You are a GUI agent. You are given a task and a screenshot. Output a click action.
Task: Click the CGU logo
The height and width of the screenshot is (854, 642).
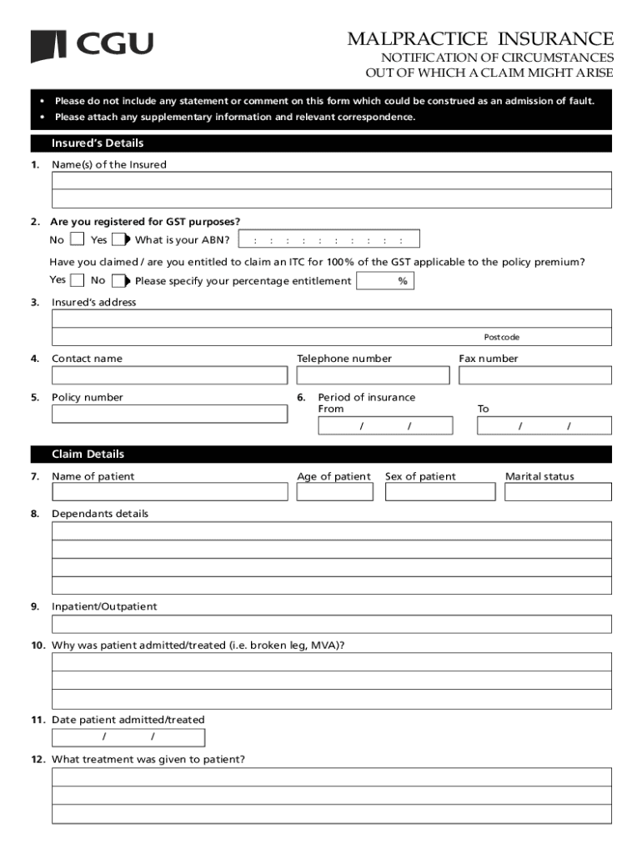92,45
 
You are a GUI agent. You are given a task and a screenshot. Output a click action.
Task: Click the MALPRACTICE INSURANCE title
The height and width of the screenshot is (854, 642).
480,39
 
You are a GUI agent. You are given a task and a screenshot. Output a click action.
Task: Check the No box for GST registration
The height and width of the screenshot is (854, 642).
77,240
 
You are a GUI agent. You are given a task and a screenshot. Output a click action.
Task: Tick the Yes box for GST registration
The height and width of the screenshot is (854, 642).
118,240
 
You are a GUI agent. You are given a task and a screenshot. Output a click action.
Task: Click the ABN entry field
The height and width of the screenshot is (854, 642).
329,240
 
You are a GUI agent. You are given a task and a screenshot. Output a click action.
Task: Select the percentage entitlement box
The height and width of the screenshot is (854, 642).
384,281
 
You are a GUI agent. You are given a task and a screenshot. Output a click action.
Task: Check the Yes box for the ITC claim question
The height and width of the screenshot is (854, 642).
78,281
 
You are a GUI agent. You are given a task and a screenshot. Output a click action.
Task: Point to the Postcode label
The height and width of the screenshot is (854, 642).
501,337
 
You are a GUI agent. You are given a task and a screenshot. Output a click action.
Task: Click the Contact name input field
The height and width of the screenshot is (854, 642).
169,375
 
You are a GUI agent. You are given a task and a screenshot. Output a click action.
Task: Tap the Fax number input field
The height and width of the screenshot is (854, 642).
534,375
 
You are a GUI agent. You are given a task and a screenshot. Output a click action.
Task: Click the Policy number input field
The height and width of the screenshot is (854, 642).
169,414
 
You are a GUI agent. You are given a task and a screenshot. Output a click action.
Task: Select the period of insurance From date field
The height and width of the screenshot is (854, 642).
385,426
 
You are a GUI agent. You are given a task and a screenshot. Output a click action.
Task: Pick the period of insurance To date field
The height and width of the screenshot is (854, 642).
544,426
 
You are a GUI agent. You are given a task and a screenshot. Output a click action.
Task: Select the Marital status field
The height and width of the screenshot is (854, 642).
558,492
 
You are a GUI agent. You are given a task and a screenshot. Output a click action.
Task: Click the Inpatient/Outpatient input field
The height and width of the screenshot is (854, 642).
331,624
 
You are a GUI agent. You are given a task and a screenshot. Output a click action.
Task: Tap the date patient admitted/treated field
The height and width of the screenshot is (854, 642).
128,737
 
